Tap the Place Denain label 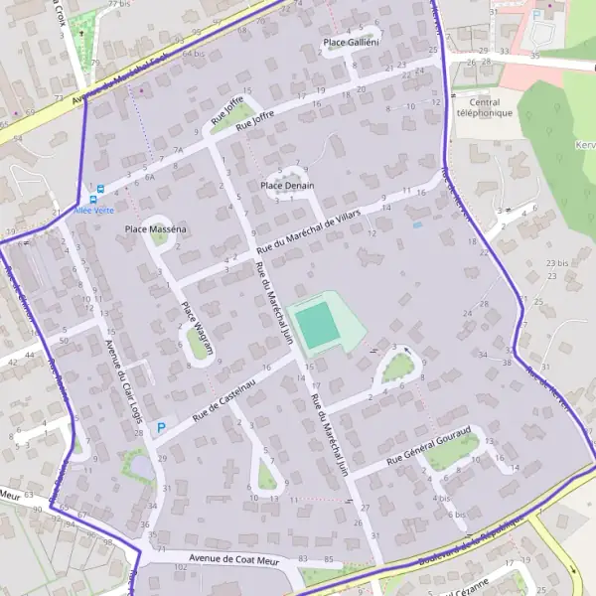287,186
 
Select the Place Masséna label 156,229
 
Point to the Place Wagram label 197,322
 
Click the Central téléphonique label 484,107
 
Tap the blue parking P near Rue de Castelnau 161,428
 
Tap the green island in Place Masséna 159,235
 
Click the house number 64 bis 193,53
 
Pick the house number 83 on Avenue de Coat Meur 301,559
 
